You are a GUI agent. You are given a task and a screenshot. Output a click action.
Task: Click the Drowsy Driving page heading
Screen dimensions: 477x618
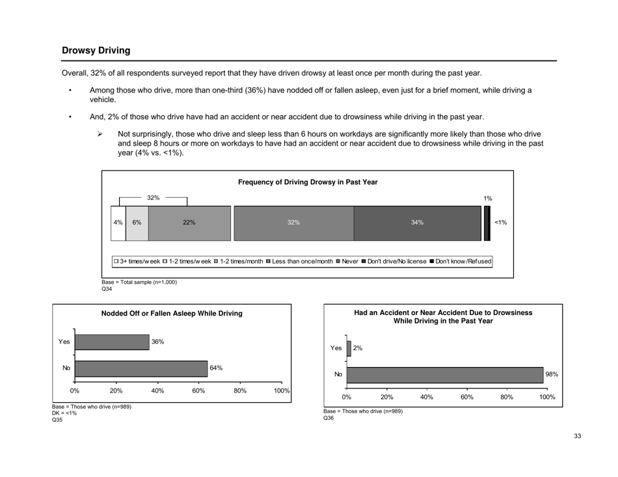[96, 50]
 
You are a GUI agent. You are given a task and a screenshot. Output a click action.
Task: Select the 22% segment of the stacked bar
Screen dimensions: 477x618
[189, 223]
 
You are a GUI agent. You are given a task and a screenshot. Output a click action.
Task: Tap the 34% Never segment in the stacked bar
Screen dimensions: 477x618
[417, 223]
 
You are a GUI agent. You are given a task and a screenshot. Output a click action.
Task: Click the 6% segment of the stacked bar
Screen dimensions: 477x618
[137, 223]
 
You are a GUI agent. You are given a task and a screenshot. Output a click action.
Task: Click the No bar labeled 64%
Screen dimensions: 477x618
[141, 369]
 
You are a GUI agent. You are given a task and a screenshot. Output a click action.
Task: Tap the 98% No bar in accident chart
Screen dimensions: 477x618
[446, 374]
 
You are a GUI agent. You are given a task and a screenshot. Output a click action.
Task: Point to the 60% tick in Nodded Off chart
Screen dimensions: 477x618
[198, 390]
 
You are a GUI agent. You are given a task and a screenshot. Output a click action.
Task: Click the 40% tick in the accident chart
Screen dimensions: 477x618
[427, 396]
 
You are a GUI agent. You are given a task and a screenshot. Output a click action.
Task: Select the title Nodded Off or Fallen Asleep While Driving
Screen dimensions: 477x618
[172, 314]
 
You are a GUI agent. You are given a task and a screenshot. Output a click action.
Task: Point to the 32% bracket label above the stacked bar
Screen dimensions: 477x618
[154, 197]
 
